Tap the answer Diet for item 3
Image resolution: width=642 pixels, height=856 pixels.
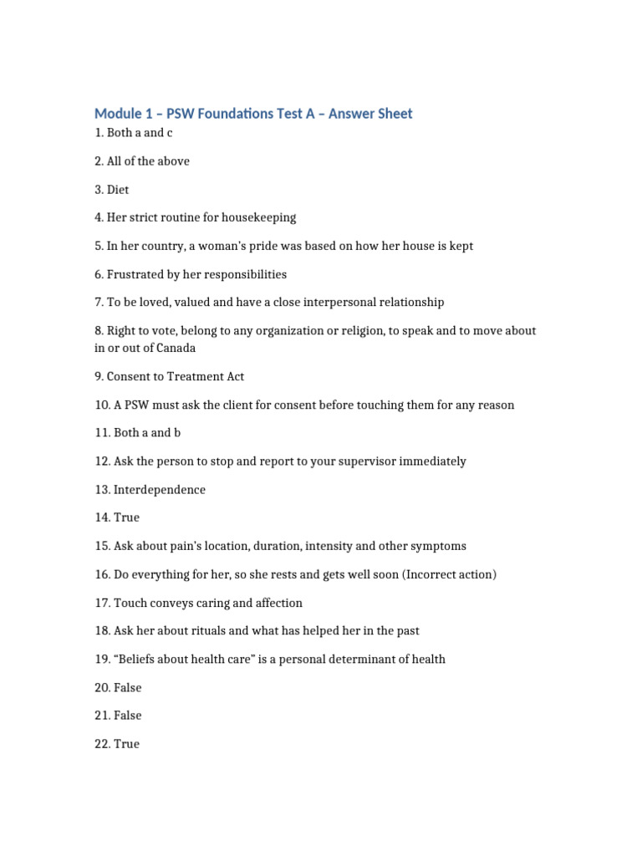(118, 190)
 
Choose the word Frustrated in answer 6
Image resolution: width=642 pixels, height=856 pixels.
(137, 274)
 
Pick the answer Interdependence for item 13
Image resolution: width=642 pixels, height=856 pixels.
(160, 490)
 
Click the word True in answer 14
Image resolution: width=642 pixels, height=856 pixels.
(127, 517)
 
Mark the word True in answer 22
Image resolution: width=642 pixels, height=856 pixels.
(127, 744)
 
